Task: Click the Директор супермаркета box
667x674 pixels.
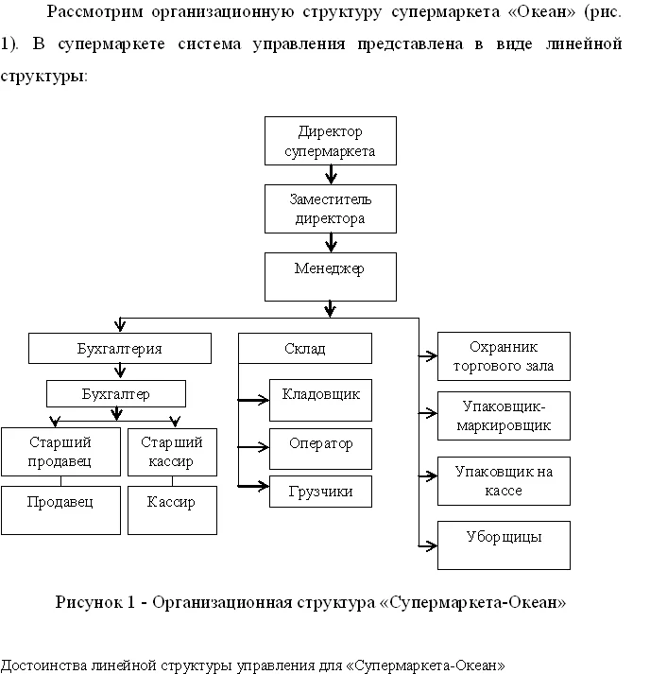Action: click(x=331, y=141)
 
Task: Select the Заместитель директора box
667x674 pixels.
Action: click(x=331, y=209)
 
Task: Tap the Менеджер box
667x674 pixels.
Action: click(x=331, y=277)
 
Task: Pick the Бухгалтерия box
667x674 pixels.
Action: click(x=120, y=348)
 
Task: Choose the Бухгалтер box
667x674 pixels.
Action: click(x=116, y=394)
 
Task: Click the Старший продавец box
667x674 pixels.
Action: click(x=60, y=452)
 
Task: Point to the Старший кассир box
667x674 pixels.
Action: click(x=172, y=452)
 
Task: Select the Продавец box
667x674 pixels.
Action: click(x=60, y=510)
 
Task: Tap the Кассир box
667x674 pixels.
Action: click(x=172, y=510)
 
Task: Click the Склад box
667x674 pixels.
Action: click(x=305, y=348)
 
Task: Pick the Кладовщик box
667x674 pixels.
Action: click(x=320, y=400)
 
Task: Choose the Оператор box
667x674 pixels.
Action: click(x=320, y=449)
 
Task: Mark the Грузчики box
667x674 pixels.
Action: click(x=320, y=492)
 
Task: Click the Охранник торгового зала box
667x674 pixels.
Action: click(x=504, y=356)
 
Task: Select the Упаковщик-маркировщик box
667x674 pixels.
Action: click(x=504, y=416)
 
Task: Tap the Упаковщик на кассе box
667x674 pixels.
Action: click(x=504, y=481)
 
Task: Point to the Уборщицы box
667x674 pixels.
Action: click(x=504, y=545)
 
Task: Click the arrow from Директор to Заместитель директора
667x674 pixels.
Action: click(x=331, y=175)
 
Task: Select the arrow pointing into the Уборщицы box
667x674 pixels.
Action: click(x=428, y=546)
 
